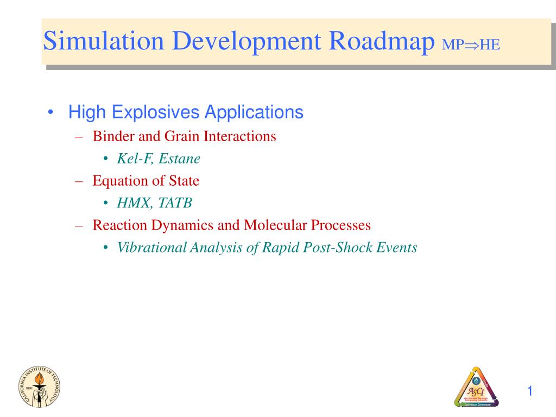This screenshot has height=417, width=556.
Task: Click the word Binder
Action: tap(110, 136)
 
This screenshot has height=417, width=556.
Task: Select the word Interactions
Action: tap(240, 136)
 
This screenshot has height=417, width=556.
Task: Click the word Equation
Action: tap(116, 181)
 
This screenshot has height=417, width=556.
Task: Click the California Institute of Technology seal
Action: tap(40, 386)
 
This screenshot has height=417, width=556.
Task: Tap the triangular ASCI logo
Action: tap(476, 387)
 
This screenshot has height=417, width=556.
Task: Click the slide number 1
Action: tap(530, 391)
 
